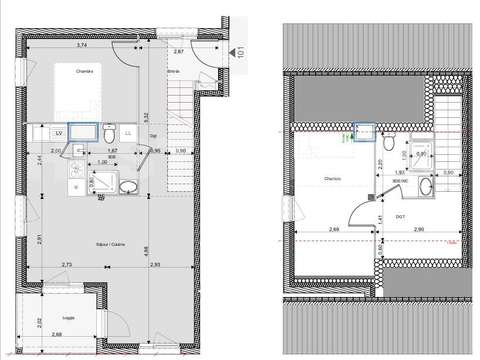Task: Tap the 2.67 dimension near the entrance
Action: tap(178, 51)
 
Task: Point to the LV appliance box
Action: tap(59, 131)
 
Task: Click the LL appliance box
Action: tap(101, 131)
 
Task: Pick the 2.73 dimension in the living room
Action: tap(67, 263)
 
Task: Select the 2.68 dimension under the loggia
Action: tap(57, 334)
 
